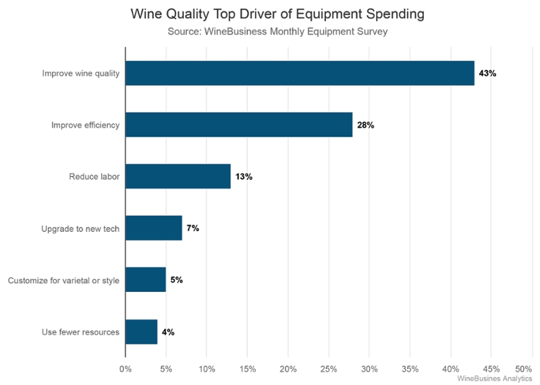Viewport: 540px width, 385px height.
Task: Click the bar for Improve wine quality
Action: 300,73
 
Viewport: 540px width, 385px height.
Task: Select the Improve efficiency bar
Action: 239,125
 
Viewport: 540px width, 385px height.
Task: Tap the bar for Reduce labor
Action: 178,177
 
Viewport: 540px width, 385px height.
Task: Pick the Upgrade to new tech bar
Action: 154,229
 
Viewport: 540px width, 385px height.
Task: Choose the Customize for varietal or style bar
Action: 146,280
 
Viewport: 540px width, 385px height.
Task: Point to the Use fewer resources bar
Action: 142,332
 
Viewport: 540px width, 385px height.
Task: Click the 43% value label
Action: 487,73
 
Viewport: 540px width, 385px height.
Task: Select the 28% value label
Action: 366,125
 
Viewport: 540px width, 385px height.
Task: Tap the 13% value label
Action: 244,177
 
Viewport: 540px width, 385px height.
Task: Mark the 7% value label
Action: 193,229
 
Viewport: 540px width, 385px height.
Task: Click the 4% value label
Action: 169,332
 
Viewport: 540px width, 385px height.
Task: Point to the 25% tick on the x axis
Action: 329,369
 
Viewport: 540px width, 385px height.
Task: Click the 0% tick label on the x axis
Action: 126,369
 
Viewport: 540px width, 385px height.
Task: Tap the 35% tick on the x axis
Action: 410,369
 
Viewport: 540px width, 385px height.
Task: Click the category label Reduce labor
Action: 94,177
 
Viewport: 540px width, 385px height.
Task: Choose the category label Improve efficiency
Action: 86,125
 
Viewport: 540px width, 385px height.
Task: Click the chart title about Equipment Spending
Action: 269,13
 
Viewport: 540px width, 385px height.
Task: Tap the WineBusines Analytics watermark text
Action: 494,379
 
